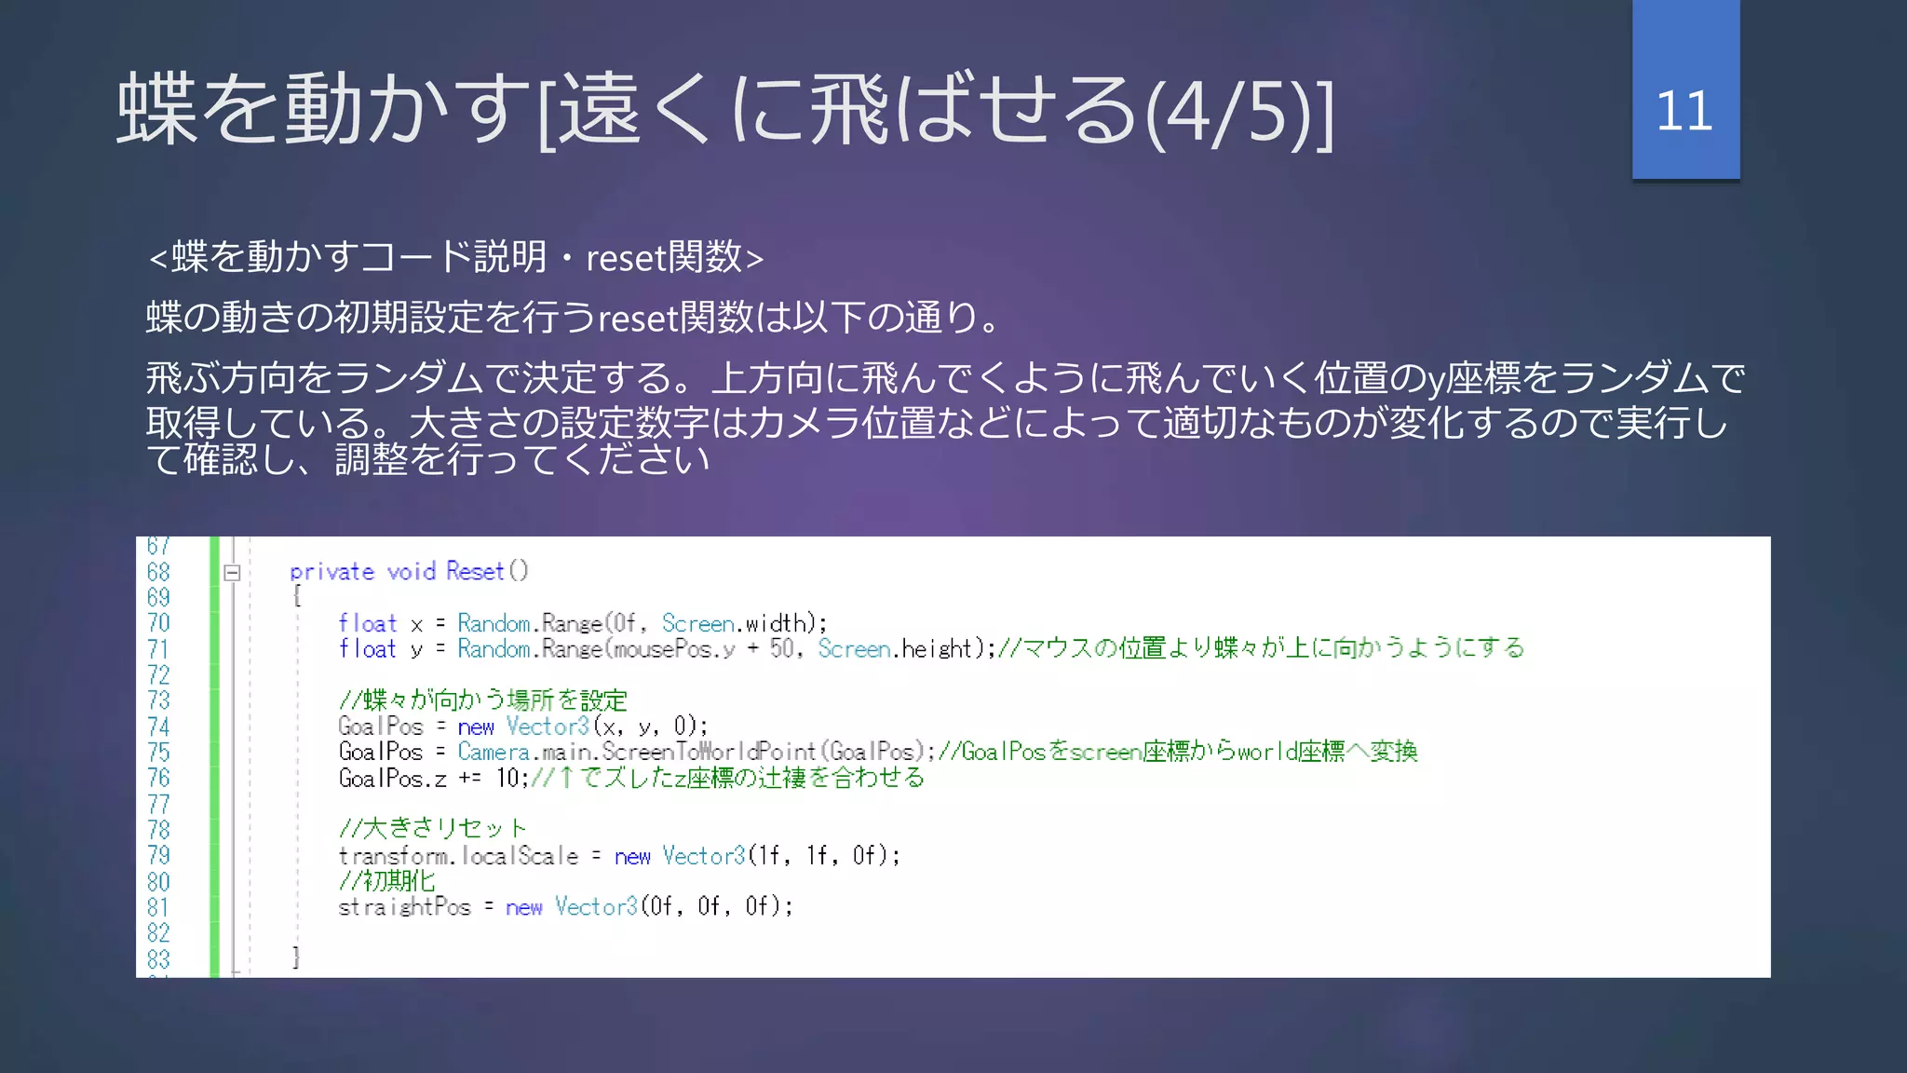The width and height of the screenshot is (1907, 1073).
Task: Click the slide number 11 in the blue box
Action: (1684, 111)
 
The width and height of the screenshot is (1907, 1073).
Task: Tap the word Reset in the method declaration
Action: (475, 571)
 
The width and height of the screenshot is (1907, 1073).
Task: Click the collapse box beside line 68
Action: (233, 573)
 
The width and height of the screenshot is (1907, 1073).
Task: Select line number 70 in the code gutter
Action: (158, 623)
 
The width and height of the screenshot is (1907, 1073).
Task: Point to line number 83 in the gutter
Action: (158, 958)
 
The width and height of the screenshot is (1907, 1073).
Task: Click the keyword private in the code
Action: (331, 571)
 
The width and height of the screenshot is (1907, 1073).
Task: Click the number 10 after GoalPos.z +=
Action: (507, 778)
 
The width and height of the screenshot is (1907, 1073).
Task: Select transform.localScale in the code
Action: (458, 855)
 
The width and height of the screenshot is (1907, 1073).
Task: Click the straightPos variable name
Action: (404, 906)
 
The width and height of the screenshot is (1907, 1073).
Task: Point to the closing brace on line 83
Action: (296, 957)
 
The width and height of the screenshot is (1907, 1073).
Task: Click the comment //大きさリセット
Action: (433, 828)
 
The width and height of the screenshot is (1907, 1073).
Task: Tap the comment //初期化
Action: (386, 880)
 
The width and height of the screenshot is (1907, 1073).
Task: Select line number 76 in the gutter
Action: (158, 778)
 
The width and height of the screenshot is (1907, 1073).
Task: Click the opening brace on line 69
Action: (296, 596)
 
